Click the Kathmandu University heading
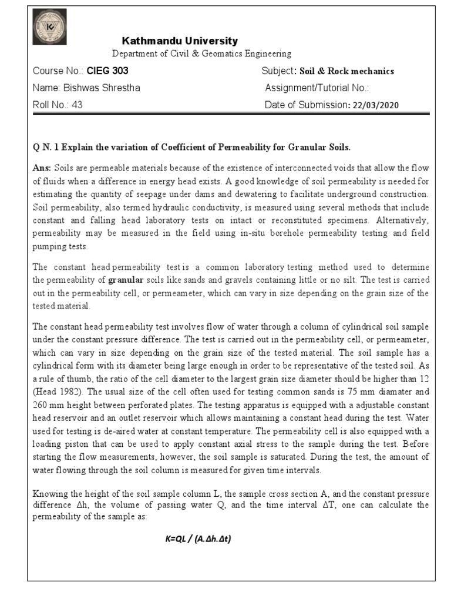[180, 41]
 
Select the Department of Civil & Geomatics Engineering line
[201, 53]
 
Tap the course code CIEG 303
[107, 71]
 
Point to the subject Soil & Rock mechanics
[346, 71]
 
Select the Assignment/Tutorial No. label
[317, 88]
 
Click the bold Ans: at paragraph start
[41, 168]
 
